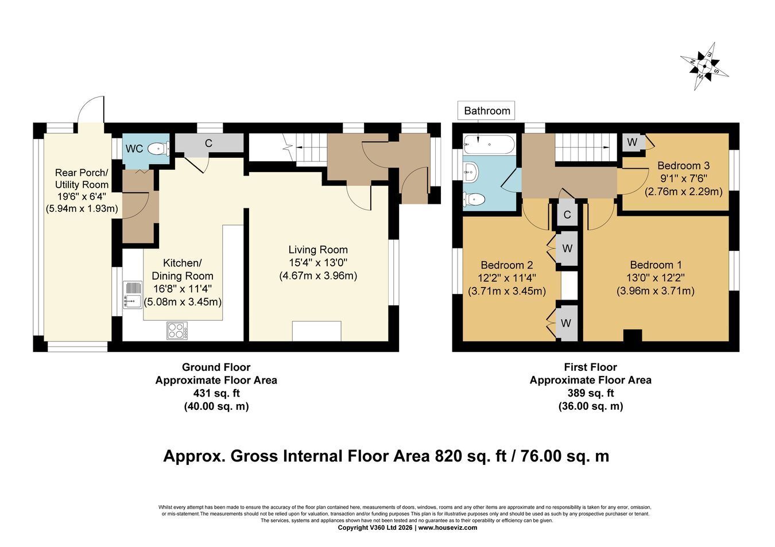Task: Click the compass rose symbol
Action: (x=704, y=66)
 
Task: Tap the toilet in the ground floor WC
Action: (x=158, y=149)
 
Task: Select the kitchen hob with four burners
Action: (x=177, y=331)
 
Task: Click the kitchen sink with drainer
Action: (x=133, y=295)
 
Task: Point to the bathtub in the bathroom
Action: (x=489, y=144)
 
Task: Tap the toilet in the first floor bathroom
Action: (x=474, y=200)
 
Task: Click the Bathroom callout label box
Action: (x=486, y=111)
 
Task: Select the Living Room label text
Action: (x=318, y=250)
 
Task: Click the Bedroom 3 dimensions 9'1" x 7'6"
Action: (x=683, y=179)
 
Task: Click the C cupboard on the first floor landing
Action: (x=567, y=215)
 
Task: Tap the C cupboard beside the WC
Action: (x=208, y=143)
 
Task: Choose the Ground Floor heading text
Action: (x=216, y=367)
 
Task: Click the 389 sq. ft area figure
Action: (x=591, y=393)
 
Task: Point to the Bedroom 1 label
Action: (x=656, y=265)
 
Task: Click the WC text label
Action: (x=134, y=149)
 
